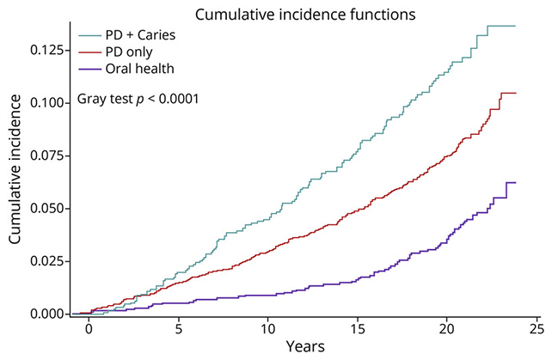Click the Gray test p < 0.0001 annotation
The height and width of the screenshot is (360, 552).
pyautogui.click(x=138, y=99)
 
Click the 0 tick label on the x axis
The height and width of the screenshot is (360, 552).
pyautogui.click(x=89, y=329)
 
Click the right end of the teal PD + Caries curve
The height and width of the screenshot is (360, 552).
pyautogui.click(x=514, y=27)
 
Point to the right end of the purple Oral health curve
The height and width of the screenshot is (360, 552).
pyautogui.click(x=514, y=182)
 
